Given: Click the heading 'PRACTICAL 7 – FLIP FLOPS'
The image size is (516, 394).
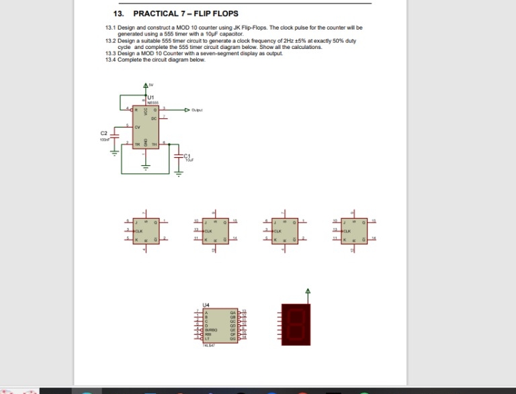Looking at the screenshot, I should coord(185,13).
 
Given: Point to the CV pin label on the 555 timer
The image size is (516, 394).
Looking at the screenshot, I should coord(138,126).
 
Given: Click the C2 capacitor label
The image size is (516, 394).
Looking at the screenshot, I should coord(104,133).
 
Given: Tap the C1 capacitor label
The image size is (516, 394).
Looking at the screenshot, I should coord(187,156).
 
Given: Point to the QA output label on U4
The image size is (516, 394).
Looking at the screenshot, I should coord(232,311).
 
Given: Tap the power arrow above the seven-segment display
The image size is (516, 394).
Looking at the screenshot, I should coord(308,291).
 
